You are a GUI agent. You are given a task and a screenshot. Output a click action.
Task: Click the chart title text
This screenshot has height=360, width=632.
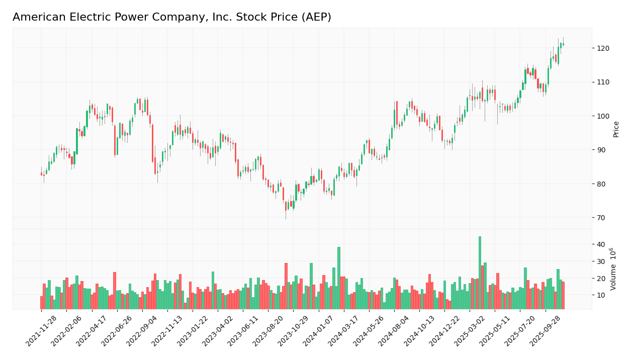[171, 18]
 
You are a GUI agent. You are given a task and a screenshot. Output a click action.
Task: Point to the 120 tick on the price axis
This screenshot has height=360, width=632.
[603, 48]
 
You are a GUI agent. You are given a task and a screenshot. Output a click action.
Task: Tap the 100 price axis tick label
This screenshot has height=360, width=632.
[603, 116]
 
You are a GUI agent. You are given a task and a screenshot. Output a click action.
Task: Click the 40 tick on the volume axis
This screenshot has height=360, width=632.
[601, 245]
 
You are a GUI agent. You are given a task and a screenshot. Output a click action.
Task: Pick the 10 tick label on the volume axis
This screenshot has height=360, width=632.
[601, 296]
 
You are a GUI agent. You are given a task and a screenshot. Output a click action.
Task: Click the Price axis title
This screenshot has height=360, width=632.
[616, 129]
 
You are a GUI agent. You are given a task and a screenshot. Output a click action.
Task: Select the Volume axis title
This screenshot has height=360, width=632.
[613, 268]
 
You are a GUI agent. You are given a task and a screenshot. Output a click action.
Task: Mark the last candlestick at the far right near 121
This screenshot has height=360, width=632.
[563, 44]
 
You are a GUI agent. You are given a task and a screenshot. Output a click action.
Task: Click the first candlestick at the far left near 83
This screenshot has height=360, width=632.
[42, 174]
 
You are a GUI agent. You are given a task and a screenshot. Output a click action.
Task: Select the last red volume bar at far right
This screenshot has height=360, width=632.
[563, 296]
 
